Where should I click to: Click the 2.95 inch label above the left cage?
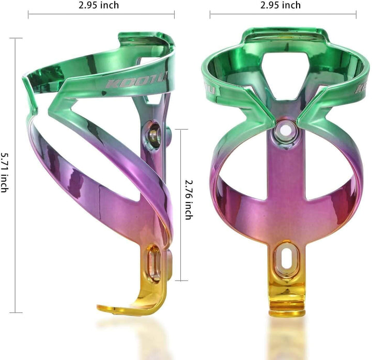[99, 5]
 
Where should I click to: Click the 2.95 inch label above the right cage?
[281, 5]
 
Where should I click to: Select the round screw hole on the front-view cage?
[284, 130]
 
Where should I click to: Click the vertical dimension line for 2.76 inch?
[180, 205]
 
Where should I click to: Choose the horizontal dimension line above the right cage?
[283, 15]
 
